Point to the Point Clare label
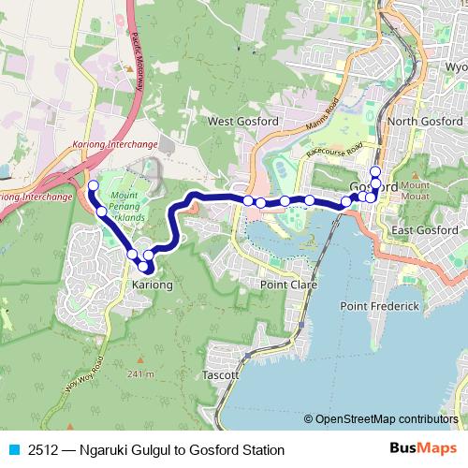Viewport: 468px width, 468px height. click(289, 284)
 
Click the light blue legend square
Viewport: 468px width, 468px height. click(12, 448)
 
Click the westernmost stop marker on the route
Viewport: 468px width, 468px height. click(93, 186)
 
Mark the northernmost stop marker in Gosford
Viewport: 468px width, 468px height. click(375, 170)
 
